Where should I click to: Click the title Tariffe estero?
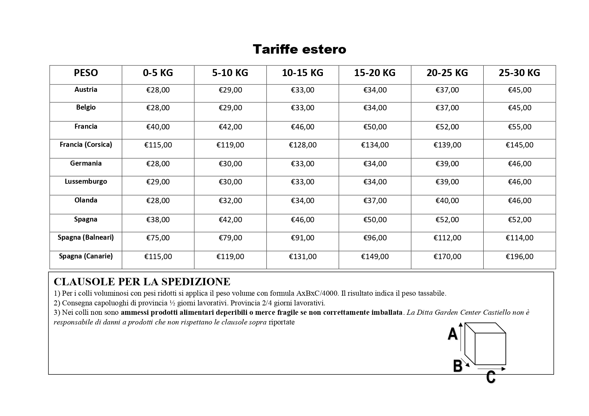(299, 49)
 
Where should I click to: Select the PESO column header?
(86, 73)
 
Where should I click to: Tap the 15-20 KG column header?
(375, 73)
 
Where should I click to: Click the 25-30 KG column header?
(519, 73)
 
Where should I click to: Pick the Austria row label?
(86, 90)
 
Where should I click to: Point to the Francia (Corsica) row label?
(86, 144)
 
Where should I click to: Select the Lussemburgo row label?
(86, 181)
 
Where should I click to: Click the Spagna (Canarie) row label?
(86, 256)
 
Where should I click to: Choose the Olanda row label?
(86, 200)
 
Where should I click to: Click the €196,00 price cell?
(519, 257)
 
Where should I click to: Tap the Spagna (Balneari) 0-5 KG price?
(158, 238)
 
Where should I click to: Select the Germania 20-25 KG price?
(447, 164)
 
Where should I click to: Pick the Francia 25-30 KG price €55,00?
(519, 127)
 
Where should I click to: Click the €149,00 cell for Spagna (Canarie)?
(375, 257)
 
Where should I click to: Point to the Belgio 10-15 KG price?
(302, 108)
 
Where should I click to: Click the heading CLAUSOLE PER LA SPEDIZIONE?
(142, 282)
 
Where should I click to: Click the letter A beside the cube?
(452, 334)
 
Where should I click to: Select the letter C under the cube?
(491, 377)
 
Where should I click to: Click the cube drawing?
(486, 344)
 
